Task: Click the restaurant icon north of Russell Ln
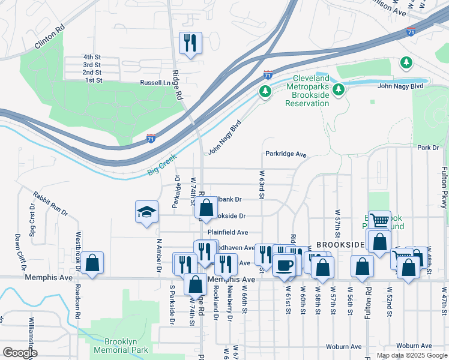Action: (190, 43)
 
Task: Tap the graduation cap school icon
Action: (146, 212)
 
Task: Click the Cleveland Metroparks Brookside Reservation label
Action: (312, 91)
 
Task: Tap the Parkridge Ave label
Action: (286, 154)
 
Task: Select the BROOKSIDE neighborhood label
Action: (340, 245)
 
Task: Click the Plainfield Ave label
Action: (228, 232)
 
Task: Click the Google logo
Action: (20, 353)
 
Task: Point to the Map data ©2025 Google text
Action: (412, 355)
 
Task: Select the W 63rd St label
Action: (262, 183)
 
